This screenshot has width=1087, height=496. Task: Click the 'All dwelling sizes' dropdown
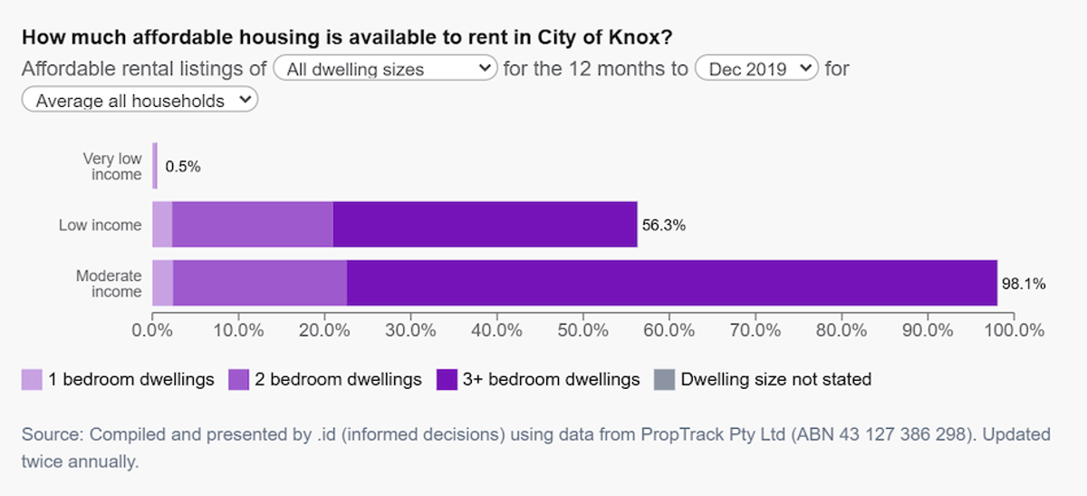click(x=385, y=68)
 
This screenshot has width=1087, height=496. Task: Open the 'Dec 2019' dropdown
click(x=756, y=68)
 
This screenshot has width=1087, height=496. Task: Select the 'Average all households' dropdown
click(x=139, y=100)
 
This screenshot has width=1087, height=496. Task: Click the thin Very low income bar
click(x=155, y=166)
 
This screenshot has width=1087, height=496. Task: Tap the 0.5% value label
click(x=183, y=167)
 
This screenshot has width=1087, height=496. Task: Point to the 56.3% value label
click(x=664, y=225)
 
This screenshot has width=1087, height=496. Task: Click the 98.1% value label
click(x=1024, y=284)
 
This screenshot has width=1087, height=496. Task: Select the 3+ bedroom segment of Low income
click(x=486, y=225)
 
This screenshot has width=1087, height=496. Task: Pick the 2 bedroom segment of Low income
click(x=253, y=225)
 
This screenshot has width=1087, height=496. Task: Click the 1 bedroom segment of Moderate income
click(x=162, y=283)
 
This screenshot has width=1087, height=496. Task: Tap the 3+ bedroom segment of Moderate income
click(x=672, y=283)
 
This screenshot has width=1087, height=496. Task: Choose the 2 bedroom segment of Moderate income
click(x=260, y=283)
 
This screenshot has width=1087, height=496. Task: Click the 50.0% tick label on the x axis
click(x=582, y=330)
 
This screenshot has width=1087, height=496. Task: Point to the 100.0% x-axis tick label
click(x=1015, y=330)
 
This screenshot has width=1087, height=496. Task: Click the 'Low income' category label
click(x=100, y=225)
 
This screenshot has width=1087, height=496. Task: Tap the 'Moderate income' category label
click(x=109, y=283)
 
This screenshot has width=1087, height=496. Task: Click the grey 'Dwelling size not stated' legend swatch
click(x=664, y=379)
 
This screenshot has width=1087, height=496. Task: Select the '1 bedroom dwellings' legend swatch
click(x=32, y=379)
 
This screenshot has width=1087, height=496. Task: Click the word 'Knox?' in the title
click(x=640, y=37)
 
